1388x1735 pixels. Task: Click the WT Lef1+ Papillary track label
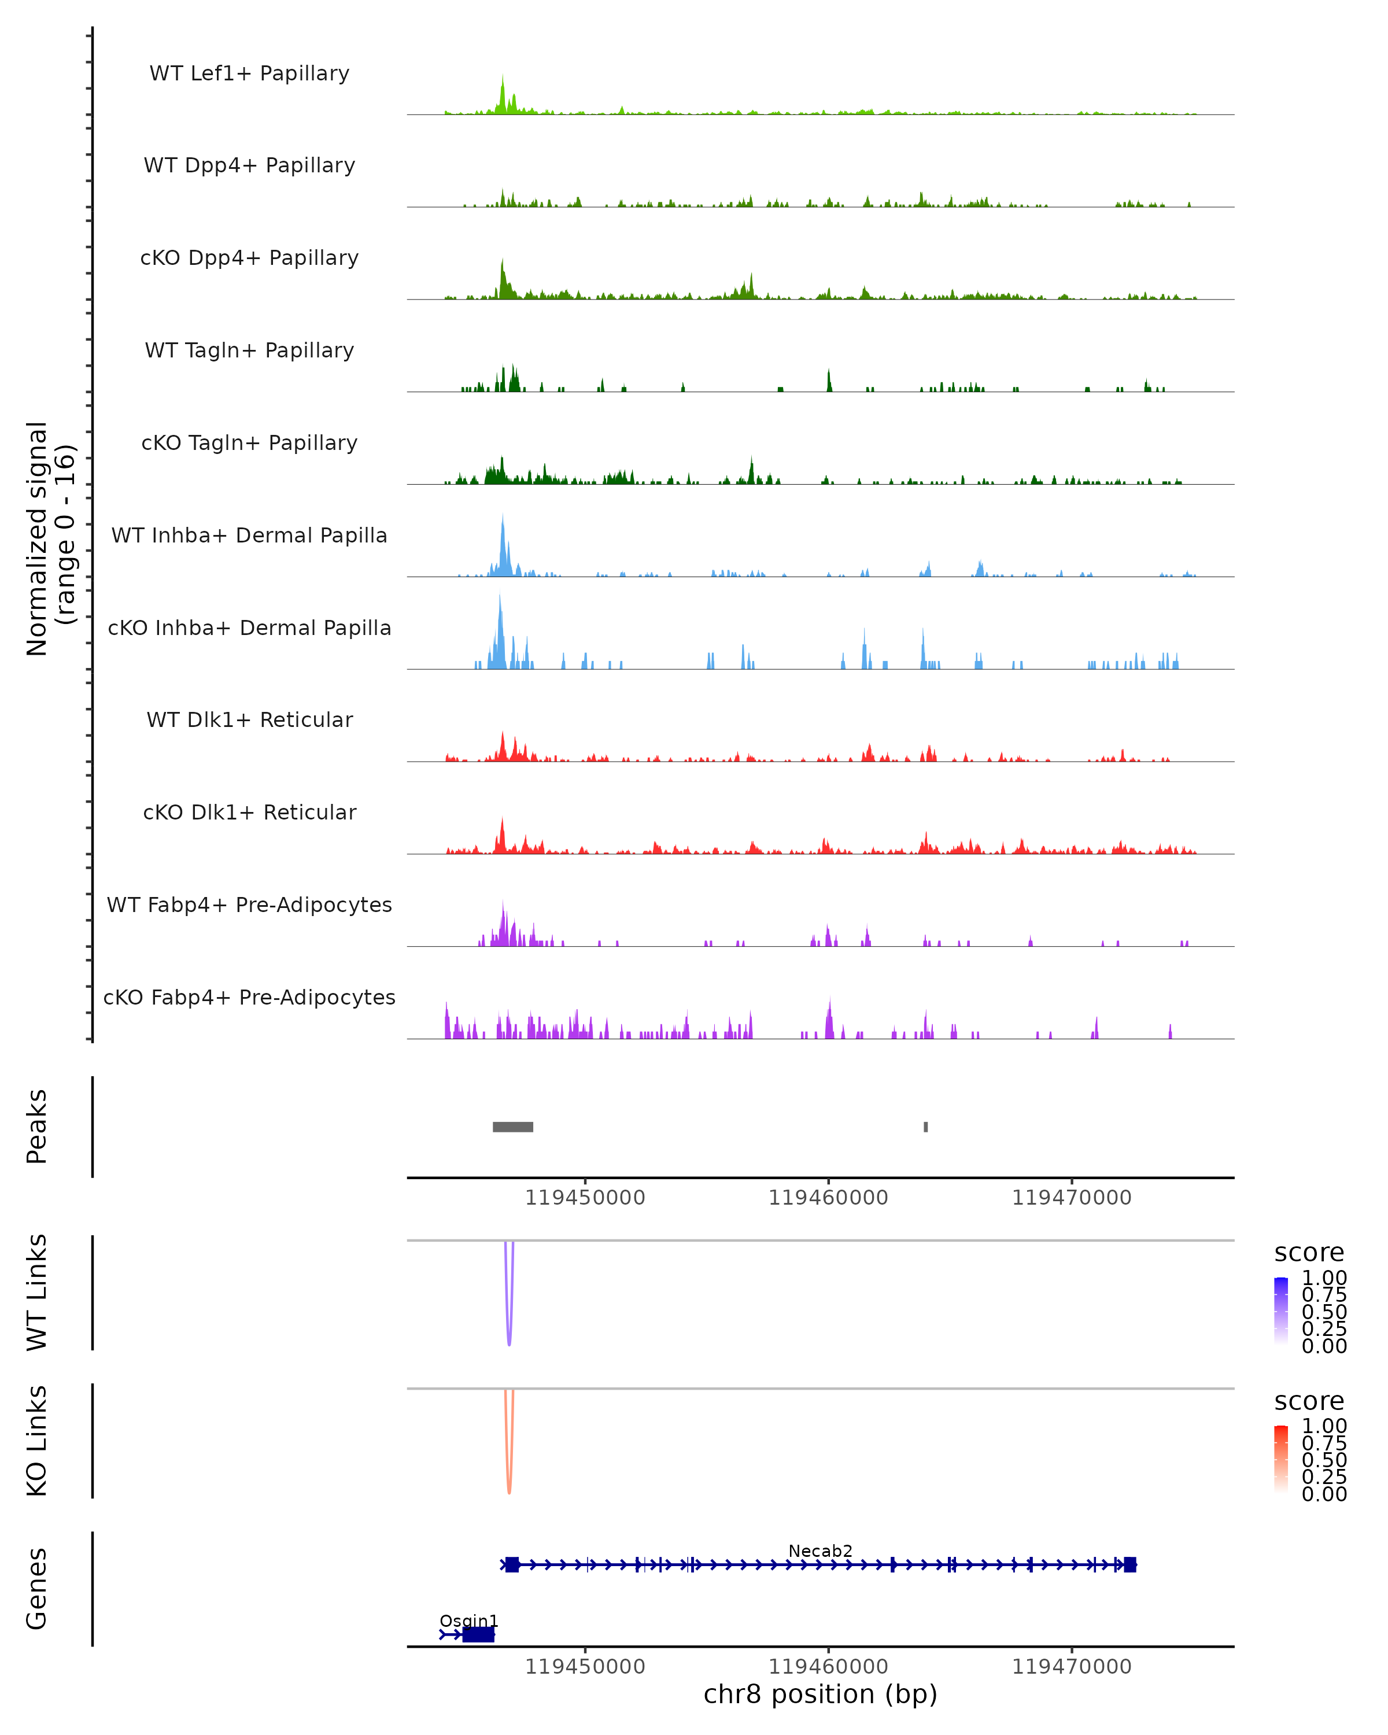coord(249,73)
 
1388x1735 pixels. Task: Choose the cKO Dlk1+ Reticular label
coord(249,812)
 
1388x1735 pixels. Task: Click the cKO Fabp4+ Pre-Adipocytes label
coord(249,997)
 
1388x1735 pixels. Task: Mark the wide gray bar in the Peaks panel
coord(512,1127)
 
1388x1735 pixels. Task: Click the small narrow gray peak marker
coord(925,1127)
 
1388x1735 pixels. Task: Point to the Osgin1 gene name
coord(468,1620)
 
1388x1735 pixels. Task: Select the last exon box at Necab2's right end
coord(1129,1564)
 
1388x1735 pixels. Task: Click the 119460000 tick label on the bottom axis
coord(828,1667)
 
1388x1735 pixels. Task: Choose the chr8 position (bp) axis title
coord(820,1694)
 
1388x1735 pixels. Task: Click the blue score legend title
coord(1308,1252)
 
